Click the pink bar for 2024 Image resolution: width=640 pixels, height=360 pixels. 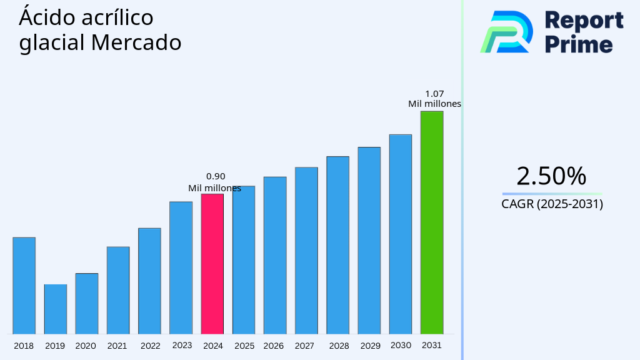212,264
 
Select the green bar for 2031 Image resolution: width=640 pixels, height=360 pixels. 432,222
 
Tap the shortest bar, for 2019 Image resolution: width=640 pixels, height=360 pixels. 56,309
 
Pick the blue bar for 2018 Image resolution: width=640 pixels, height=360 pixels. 24,286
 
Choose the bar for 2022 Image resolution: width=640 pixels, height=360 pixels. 150,281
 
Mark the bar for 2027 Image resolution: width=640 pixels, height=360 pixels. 306,251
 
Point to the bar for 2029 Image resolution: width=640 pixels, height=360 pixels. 369,241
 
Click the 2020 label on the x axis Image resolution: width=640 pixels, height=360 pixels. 86,346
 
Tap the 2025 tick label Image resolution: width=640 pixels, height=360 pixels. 244,346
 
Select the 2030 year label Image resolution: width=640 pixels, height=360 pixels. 401,345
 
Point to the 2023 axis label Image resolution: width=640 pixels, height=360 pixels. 182,345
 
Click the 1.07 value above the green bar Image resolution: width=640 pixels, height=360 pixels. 434,94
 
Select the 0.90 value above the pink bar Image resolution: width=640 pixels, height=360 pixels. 216,176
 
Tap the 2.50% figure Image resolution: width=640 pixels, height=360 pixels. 551,176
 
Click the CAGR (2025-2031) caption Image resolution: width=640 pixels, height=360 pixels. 552,204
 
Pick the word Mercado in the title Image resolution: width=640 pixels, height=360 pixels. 136,43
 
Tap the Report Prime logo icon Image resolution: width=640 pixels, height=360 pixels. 506,31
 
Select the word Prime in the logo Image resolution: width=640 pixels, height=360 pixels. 579,44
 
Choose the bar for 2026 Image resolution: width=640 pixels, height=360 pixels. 275,255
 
